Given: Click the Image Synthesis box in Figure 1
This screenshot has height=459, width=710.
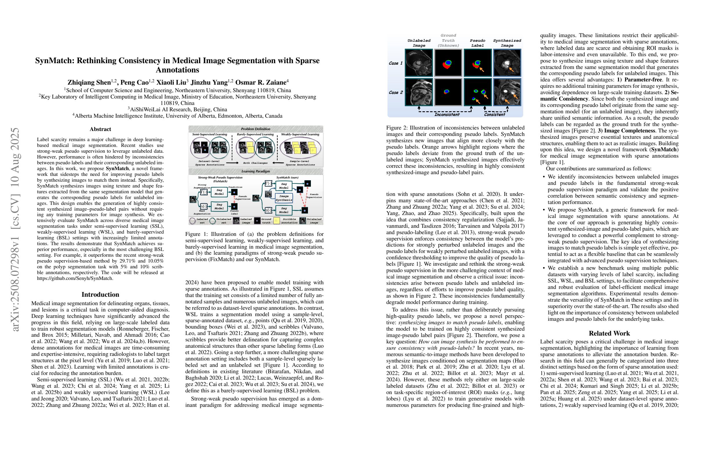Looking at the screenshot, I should tap(284, 198).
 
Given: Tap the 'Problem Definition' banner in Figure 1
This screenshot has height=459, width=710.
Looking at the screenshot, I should tap(256, 129).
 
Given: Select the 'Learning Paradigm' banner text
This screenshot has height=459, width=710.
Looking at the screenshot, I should tap(256, 171).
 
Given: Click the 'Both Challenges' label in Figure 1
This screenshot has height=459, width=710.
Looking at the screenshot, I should tap(255, 163).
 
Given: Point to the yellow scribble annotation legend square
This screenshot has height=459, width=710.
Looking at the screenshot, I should tap(276, 221).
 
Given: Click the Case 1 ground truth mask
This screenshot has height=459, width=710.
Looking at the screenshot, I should tap(448, 63).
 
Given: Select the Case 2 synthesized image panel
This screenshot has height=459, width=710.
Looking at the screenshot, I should tap(507, 92).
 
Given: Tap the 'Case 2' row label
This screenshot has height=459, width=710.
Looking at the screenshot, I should tap(396, 92).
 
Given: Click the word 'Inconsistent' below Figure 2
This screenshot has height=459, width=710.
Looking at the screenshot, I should tap(447, 114).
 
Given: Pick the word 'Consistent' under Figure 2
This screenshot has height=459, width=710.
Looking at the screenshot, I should tap(494, 114).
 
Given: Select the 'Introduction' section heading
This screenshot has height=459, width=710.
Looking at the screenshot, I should tap(100, 294).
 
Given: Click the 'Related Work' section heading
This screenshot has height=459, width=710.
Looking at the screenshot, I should tap(609, 333).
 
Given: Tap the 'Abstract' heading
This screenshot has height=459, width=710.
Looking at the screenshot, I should tap(100, 129).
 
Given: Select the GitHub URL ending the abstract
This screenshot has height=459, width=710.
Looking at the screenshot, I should tap(75, 278).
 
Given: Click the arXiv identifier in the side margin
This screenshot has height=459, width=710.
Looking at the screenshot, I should tap(15, 230).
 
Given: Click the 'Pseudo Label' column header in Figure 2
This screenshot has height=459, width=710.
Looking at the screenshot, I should tap(477, 43).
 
